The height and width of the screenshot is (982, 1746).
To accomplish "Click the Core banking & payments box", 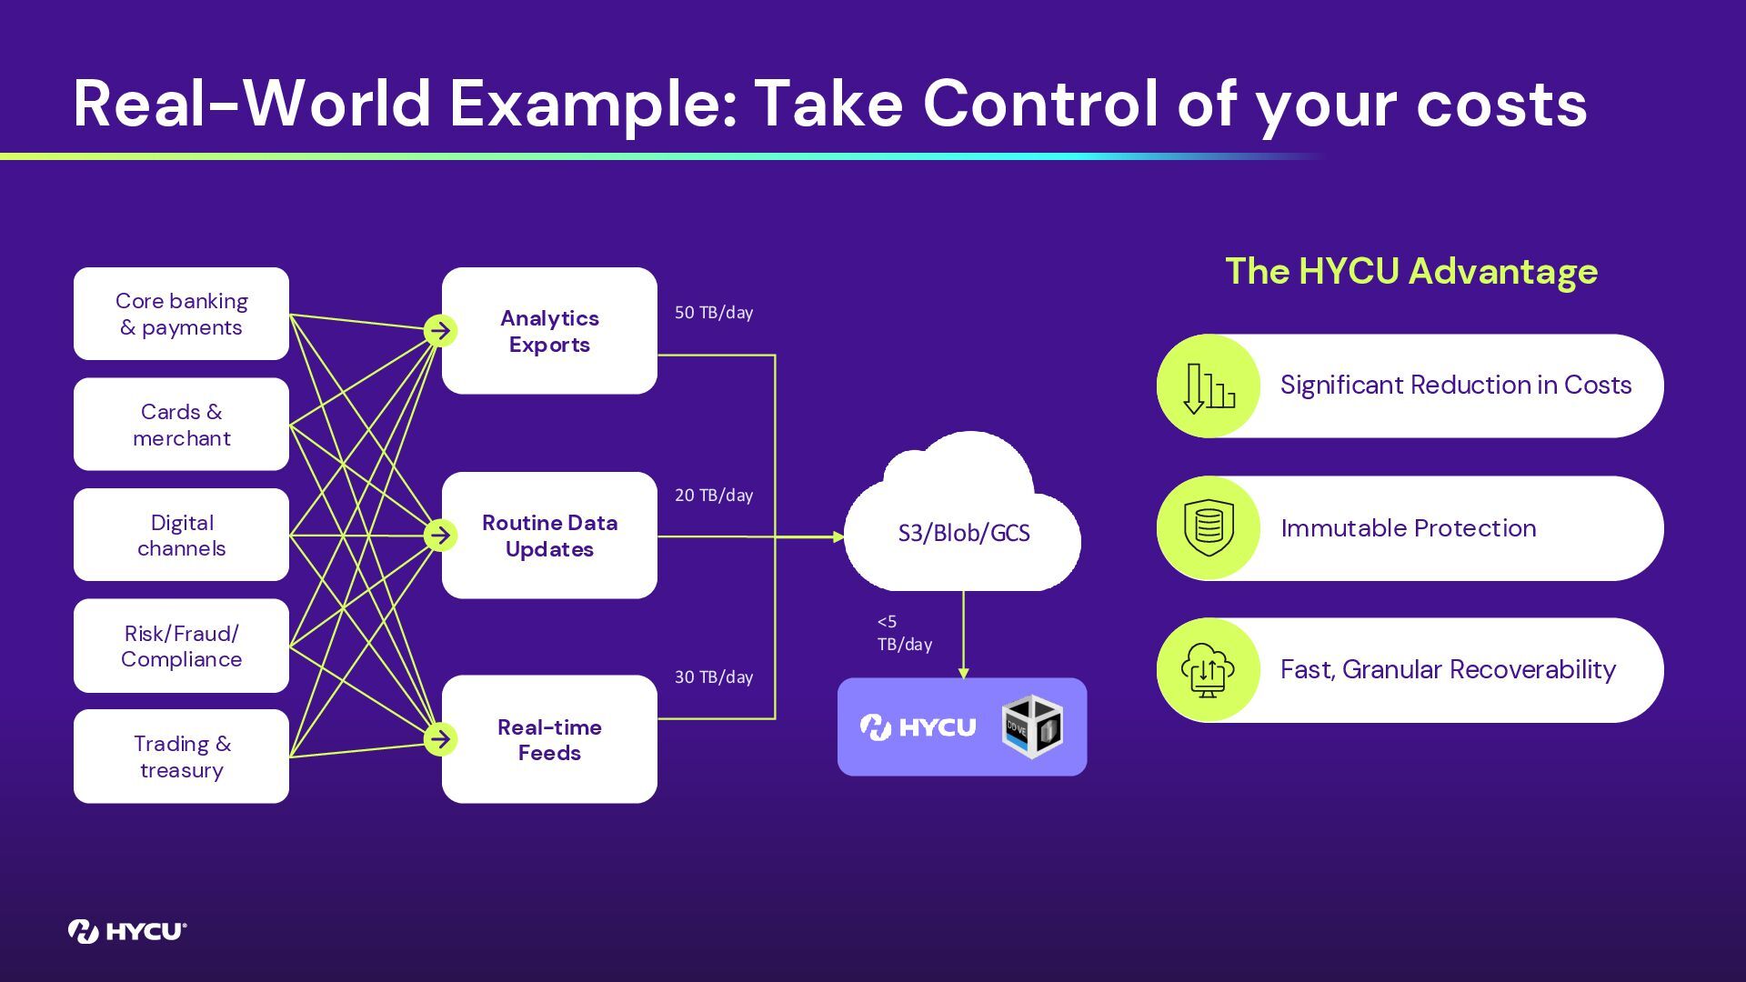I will pos(181,314).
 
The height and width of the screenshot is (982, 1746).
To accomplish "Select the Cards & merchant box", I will pos(181,425).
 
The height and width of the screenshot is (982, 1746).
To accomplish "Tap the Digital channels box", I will pos(181,535).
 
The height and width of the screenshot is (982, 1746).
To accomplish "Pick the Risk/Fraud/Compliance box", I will pos(181,646).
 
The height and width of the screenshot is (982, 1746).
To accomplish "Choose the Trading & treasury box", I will pos(181,757).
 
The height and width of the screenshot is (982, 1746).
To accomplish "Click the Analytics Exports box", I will pos(549,331).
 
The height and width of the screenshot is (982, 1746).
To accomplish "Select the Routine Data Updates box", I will pos(549,536).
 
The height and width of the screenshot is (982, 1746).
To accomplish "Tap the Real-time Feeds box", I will pos(549,739).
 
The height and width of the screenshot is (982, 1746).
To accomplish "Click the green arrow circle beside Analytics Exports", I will pos(440,331).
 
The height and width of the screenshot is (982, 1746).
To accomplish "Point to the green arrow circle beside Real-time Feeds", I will pos(440,739).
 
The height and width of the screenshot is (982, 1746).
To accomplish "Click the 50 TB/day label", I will pos(714,313).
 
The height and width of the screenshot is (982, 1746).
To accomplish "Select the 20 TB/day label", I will pos(714,496).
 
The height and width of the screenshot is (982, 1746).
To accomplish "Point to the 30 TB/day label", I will pos(714,677).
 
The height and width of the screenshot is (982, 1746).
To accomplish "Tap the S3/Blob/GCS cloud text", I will pos(964,533).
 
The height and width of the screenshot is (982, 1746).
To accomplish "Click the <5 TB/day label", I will pos(904,633).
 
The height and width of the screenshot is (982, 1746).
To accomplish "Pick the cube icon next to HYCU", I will pos(1032,726).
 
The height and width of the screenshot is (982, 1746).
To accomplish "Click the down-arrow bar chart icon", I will pos(1209,386).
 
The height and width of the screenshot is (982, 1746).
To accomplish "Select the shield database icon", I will pos(1209,528).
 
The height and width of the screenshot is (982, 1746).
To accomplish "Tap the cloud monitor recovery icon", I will pos(1209,670).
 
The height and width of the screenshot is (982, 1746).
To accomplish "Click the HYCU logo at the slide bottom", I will pos(127,931).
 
